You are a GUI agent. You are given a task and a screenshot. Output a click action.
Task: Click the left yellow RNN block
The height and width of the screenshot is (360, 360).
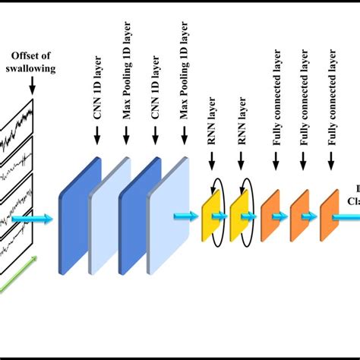(x=210, y=216)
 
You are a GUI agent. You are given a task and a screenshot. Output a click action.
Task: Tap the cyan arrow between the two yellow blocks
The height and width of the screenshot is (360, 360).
(x=226, y=216)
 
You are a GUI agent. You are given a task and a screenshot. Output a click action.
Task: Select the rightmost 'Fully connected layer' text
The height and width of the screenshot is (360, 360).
(x=332, y=90)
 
